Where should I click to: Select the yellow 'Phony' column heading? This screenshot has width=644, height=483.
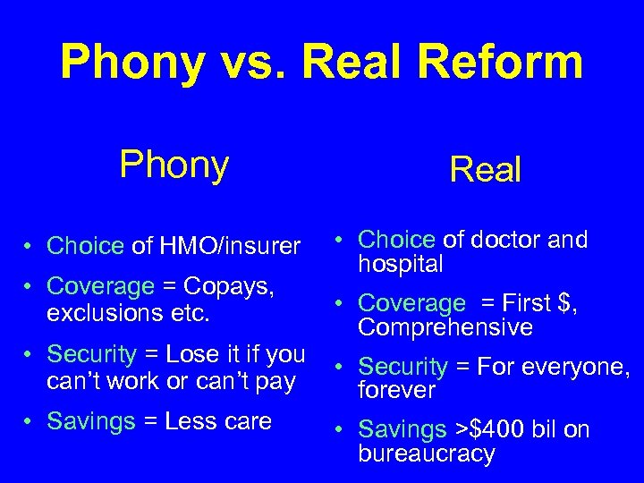(x=174, y=164)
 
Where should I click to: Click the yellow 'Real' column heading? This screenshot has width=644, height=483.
(x=486, y=168)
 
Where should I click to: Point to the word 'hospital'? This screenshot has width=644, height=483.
(x=401, y=264)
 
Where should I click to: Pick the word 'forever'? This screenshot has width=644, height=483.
(x=396, y=390)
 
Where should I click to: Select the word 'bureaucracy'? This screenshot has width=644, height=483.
(x=427, y=453)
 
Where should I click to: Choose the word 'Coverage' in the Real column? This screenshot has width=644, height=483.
(x=412, y=304)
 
